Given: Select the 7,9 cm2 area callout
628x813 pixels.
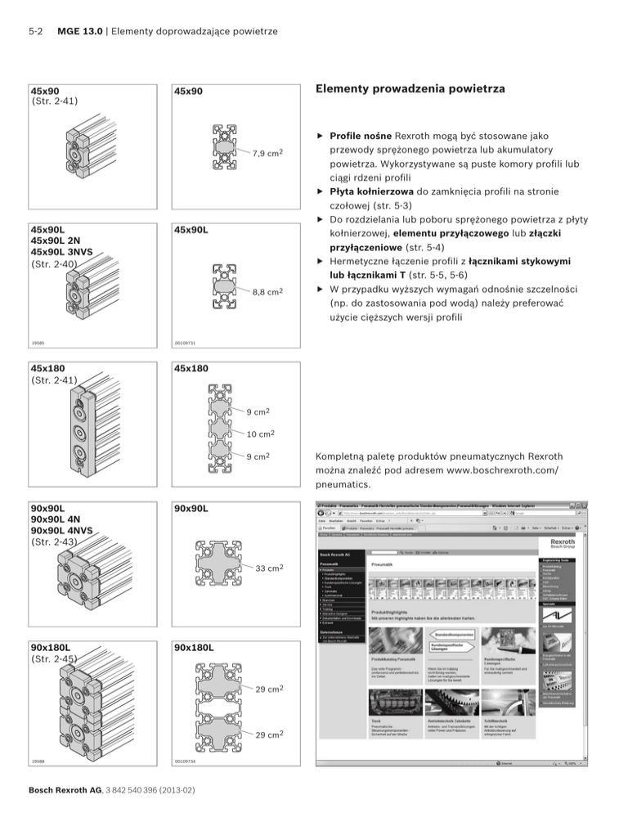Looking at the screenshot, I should (267, 152).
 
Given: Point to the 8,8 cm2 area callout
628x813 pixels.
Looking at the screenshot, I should (267, 290).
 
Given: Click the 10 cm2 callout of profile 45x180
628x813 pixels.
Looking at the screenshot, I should (261, 433).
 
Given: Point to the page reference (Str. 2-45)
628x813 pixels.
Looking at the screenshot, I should (53, 658).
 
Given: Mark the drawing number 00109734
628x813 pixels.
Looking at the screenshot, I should (186, 761).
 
